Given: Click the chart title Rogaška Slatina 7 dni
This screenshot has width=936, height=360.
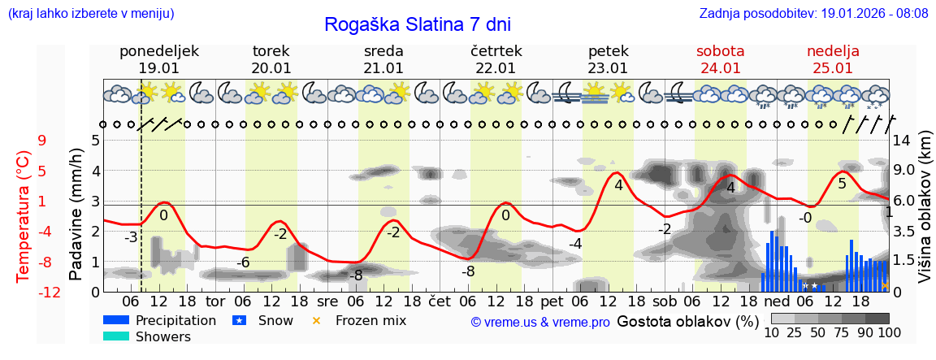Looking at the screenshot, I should tap(418, 24).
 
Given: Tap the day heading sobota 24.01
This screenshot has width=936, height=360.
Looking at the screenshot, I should tap(720, 59).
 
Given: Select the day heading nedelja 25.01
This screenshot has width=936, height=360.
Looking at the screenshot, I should tap(833, 59).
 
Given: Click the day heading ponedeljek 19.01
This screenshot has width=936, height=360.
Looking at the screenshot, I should tap(159, 59).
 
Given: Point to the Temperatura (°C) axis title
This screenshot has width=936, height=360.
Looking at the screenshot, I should tap(24, 215).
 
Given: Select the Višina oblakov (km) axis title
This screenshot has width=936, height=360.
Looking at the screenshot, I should tap(925, 215).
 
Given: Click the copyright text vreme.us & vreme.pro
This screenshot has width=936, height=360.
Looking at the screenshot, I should tap(539, 322).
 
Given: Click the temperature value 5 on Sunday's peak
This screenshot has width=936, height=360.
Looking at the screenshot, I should tap(842, 184).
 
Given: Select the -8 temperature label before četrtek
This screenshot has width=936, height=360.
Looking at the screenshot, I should tap(468, 271).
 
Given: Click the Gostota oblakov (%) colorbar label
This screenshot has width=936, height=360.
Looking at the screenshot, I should tap(688, 320).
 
